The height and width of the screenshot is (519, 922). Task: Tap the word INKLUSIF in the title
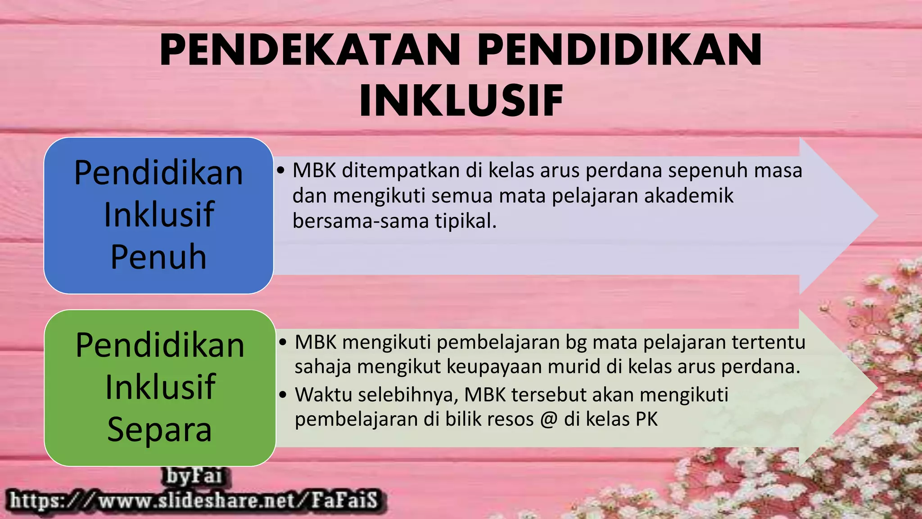[461, 100]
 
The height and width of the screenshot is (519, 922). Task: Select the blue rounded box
[158, 215]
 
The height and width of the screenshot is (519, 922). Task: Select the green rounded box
[160, 387]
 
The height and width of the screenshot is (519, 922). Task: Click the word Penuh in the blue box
[158, 257]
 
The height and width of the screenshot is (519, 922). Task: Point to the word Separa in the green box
[159, 429]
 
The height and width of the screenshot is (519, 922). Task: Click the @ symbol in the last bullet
[548, 419]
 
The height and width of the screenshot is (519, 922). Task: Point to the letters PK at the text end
[646, 419]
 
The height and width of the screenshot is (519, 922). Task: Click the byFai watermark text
[194, 476]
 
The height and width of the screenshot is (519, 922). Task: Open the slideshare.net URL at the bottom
[194, 501]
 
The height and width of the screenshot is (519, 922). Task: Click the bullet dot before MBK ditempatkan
[281, 171]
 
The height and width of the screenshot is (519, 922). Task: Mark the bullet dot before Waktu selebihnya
[283, 395]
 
